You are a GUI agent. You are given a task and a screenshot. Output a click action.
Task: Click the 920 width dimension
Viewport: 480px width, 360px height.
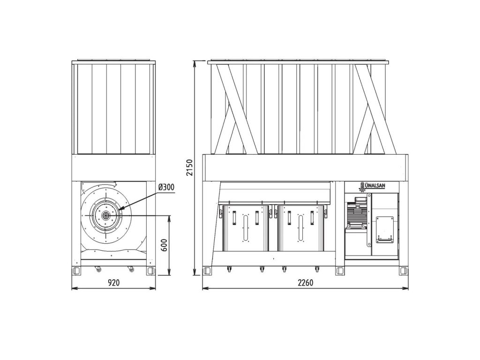coord(113,283)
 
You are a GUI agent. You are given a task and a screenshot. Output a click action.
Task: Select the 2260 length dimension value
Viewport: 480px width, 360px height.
coord(306,283)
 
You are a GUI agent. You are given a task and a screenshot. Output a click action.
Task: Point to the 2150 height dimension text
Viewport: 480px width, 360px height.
coord(190,167)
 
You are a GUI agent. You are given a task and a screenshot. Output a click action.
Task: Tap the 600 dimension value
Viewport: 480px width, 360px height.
coord(164,245)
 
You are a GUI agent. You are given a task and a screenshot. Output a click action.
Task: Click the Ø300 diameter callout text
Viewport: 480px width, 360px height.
coord(167,187)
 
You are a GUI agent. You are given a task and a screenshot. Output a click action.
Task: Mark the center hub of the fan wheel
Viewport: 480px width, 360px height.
coord(105,216)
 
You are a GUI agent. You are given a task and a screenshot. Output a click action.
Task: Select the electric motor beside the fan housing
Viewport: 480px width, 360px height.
coord(356,213)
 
